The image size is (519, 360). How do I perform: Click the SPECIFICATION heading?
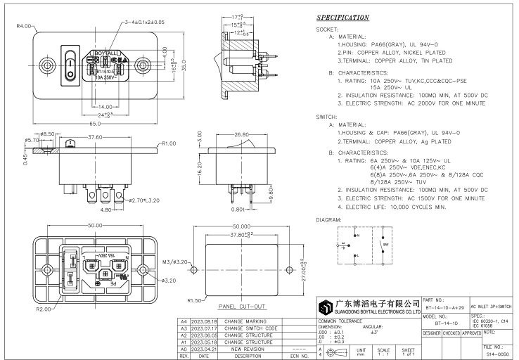pos(342,17)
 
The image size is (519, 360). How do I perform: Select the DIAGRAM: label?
pos(329,219)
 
